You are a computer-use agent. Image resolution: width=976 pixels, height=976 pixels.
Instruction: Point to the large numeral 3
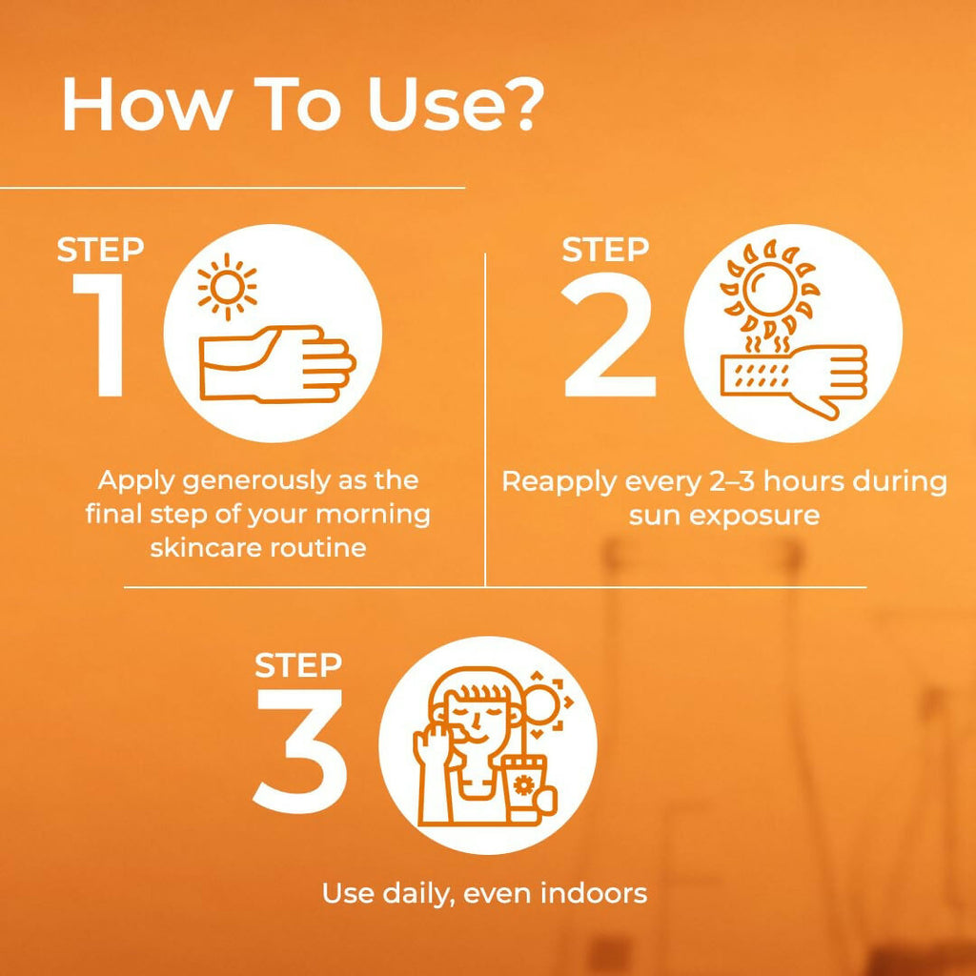point(299,751)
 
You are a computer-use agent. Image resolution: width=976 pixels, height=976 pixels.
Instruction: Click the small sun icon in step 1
point(227,287)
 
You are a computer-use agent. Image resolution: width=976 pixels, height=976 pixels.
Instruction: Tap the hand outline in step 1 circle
point(277,364)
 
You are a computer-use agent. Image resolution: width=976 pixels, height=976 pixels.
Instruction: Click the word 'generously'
point(256,481)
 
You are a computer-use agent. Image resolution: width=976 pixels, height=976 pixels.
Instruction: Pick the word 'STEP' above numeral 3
point(298,664)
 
